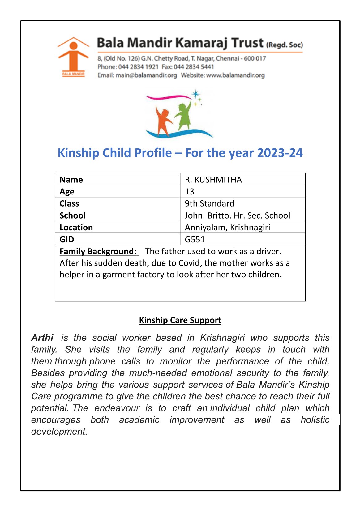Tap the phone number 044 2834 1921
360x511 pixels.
(x=138, y=67)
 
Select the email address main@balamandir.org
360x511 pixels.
(x=146, y=75)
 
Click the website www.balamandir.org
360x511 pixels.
(x=235, y=75)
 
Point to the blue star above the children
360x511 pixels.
(x=195, y=94)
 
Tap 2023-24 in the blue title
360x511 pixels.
(x=280, y=153)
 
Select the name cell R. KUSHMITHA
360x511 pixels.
(x=213, y=180)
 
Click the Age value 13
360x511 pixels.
(x=189, y=192)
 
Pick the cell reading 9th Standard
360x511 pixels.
(x=209, y=203)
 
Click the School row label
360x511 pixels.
(x=72, y=215)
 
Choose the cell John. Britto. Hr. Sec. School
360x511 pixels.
(x=237, y=215)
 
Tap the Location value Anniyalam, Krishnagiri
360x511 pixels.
(x=227, y=228)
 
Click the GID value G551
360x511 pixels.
(x=195, y=239)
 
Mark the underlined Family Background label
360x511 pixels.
(x=98, y=251)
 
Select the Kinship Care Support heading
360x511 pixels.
(x=180, y=320)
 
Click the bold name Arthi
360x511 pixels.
(x=42, y=338)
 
